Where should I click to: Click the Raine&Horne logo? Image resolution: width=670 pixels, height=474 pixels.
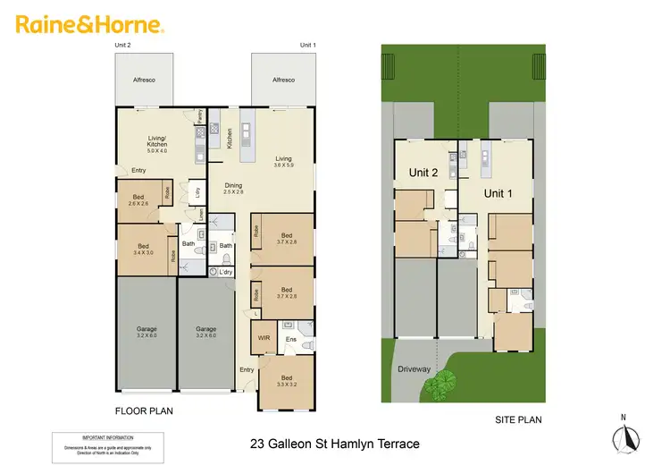pyautogui.click(x=89, y=23)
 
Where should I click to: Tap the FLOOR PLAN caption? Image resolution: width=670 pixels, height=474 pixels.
pyautogui.click(x=144, y=411)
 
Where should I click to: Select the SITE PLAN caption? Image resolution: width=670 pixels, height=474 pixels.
pyautogui.click(x=518, y=419)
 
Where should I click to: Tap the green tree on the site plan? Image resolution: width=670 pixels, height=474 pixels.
pyautogui.click(x=439, y=385)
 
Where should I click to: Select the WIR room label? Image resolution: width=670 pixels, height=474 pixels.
pyautogui.click(x=264, y=339)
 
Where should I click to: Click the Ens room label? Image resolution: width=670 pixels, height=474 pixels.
pyautogui.click(x=290, y=339)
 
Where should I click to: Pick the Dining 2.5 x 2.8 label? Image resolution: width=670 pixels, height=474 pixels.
pyautogui.click(x=233, y=188)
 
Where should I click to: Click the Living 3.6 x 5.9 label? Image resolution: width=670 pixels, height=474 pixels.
pyautogui.click(x=282, y=163)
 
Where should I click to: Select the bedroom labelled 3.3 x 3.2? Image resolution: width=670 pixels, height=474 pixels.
pyautogui.click(x=286, y=383)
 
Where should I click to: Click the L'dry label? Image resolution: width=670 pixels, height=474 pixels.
pyautogui.click(x=225, y=272)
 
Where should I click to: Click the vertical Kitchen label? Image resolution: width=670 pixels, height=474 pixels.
pyautogui.click(x=230, y=138)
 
